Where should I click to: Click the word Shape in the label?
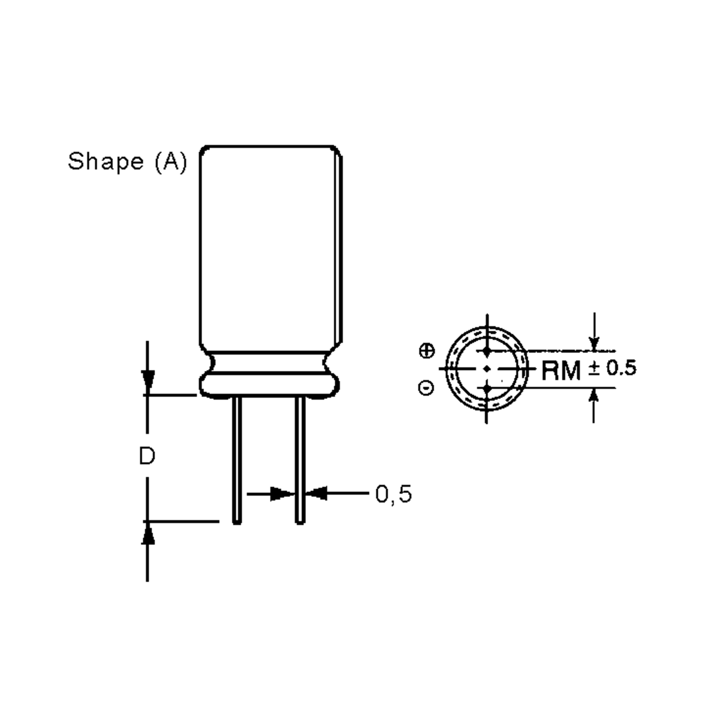tap(106, 162)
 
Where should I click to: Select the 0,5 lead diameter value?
tap(393, 494)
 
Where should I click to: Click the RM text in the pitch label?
tap(561, 370)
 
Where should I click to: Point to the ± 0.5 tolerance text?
tap(612, 368)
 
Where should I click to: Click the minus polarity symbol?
tap(426, 388)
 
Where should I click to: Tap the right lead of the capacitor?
tap(300, 460)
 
